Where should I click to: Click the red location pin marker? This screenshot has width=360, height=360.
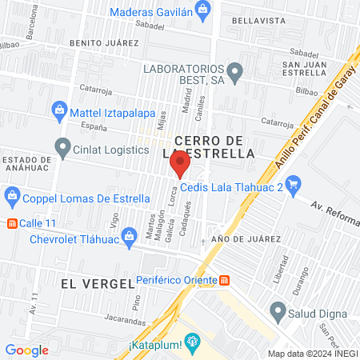tap(180, 164)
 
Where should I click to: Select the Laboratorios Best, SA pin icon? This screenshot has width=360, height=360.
tap(234, 74)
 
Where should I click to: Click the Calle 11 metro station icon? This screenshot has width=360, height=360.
tap(12, 223)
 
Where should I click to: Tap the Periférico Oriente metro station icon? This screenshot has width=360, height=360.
tap(225, 281)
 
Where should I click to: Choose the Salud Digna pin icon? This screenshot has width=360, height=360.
tap(278, 310)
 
